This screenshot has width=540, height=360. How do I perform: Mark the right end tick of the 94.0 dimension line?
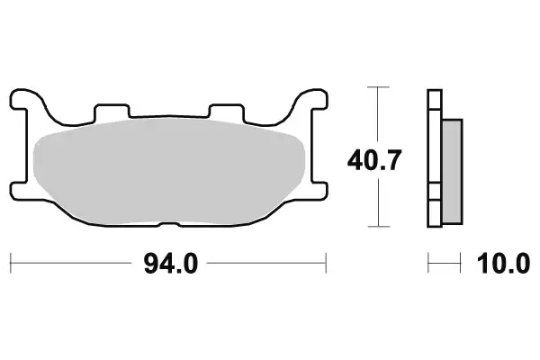(326, 264)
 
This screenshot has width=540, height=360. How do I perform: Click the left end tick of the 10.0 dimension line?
(429, 264)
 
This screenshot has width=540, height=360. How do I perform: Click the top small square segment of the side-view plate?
(435, 99)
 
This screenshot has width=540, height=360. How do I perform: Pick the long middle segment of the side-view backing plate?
(435, 144)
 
